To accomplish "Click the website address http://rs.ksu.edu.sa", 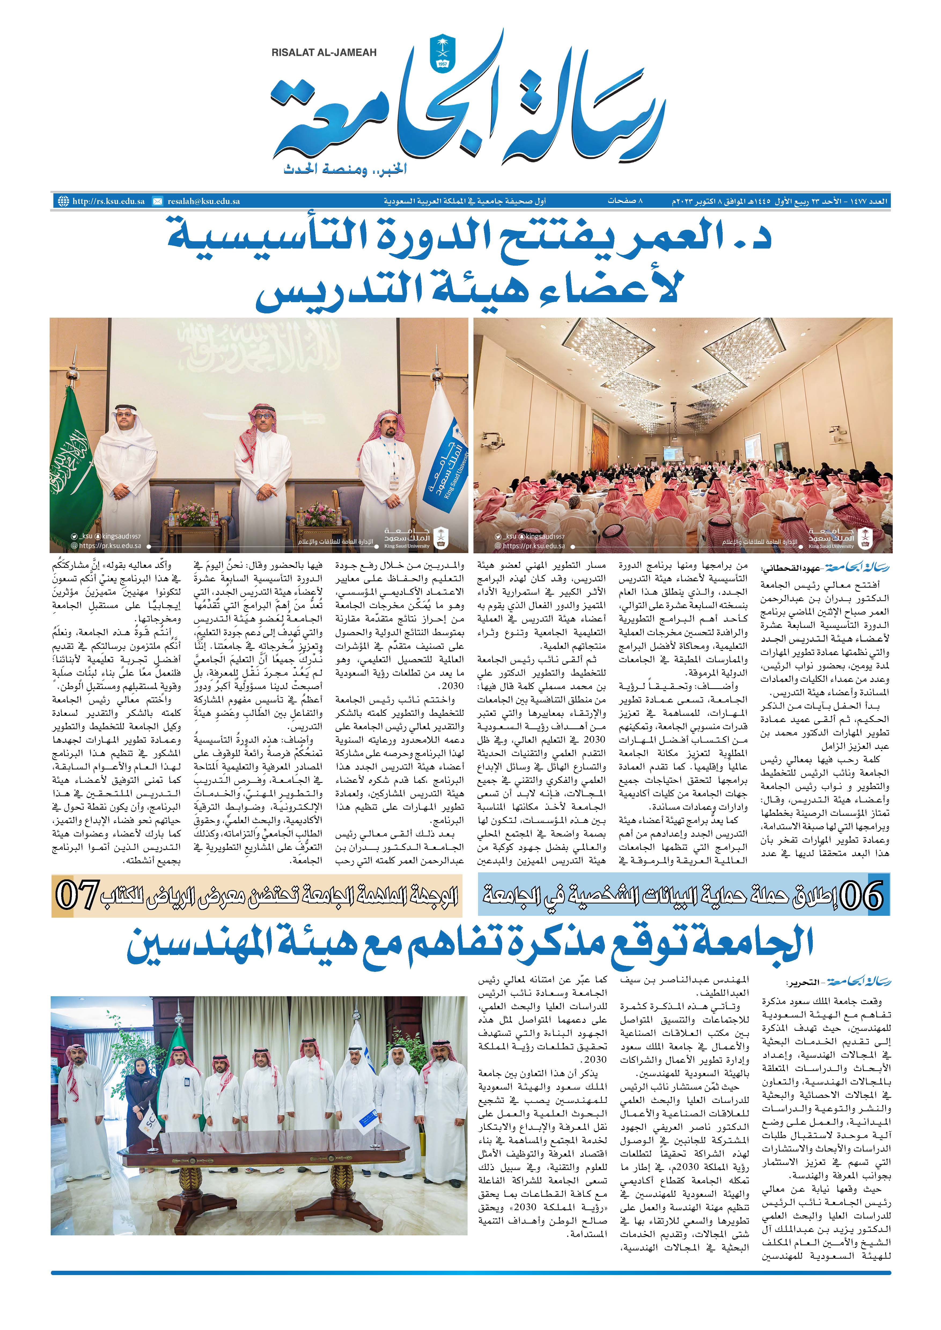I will (108, 202).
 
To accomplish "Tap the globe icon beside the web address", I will (63, 202).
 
